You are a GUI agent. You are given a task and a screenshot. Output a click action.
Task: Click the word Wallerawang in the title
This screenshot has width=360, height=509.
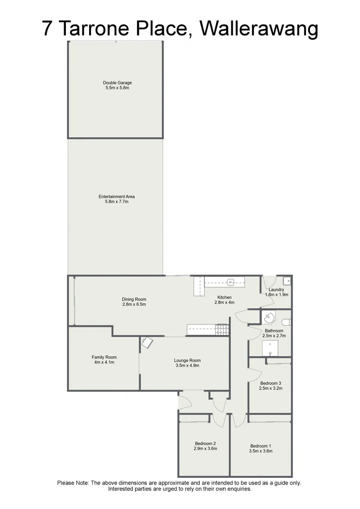pos(259,29)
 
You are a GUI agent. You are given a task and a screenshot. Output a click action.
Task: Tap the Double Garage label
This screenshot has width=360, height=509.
pos(117,82)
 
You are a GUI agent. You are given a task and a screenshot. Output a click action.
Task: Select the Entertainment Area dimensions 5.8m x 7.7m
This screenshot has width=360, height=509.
pos(117,202)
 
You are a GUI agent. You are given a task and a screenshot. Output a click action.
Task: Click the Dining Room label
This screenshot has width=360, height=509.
pos(134,299)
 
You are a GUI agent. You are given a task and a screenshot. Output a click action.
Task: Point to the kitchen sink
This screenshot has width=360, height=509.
pos(230,283)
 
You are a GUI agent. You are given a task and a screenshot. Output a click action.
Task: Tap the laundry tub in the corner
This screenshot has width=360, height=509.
pos(287,280)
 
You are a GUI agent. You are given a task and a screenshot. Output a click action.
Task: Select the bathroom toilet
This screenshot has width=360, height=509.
pos(287,322)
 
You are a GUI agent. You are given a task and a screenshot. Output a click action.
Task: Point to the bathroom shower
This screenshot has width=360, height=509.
pos(270,348)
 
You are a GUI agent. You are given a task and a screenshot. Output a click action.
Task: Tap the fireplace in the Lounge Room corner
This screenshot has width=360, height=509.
pos(147,343)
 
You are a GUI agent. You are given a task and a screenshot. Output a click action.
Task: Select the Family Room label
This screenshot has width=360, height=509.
pos(104,357)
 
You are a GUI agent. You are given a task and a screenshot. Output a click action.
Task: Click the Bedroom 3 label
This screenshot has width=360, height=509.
pos(270,383)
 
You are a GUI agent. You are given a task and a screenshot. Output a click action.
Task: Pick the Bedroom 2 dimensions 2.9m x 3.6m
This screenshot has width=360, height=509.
pos(205,449)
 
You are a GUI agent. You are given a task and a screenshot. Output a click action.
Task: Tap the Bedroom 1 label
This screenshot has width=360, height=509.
pos(261,446)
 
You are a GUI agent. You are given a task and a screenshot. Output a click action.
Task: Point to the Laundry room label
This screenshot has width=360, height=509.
pos(276,290)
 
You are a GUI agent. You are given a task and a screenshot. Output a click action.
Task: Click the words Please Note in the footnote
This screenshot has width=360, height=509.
pos(73,483)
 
